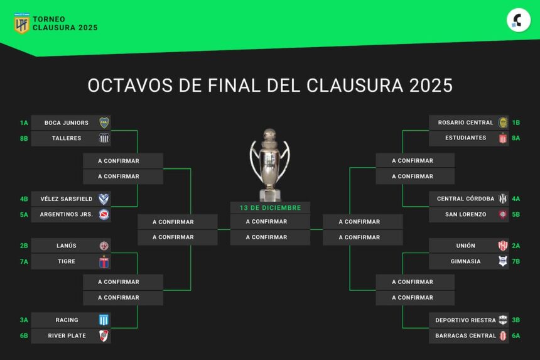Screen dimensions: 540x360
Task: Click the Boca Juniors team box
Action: (71, 123)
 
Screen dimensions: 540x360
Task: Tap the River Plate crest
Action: (104, 335)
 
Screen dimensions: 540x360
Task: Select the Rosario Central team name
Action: (465, 123)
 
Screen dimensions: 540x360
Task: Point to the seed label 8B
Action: (24, 138)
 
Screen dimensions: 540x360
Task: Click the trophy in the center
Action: (269, 165)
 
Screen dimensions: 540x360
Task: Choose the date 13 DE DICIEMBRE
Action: (271, 208)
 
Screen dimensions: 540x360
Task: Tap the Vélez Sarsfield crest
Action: (104, 199)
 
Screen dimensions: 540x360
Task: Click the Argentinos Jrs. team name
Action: (67, 214)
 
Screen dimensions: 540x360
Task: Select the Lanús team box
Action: (71, 246)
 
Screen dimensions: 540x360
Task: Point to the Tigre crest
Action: (104, 262)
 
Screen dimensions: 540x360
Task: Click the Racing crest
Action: (104, 320)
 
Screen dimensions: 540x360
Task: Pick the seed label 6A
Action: (516, 335)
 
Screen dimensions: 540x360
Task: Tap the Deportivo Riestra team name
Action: (465, 320)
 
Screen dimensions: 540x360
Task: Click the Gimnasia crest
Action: (503, 261)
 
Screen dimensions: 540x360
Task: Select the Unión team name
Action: (466, 246)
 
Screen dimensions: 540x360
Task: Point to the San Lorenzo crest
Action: (503, 214)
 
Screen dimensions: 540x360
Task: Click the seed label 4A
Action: (516, 199)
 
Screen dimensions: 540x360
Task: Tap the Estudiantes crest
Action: (503, 138)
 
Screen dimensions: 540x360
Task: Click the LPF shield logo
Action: (21, 23)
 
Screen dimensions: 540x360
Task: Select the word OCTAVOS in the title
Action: (130, 85)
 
